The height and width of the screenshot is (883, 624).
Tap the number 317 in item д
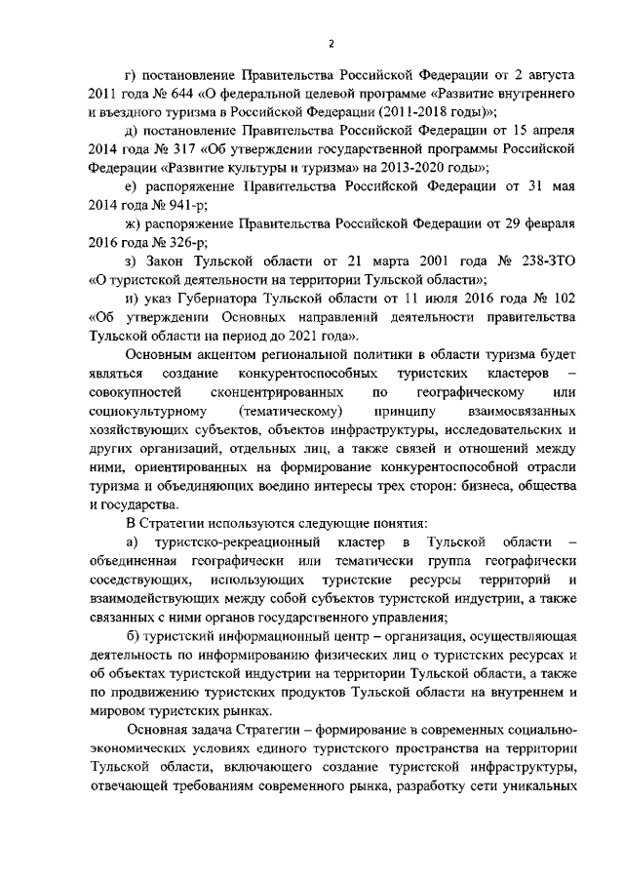click(x=177, y=149)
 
